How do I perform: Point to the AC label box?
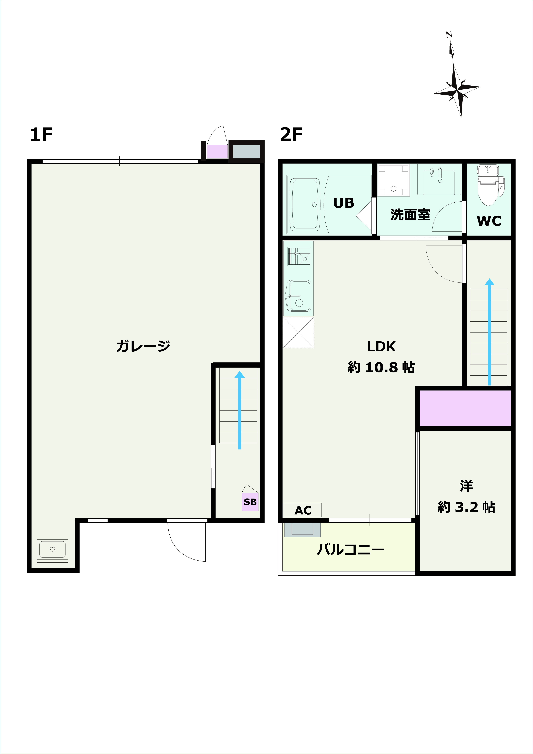[303, 510]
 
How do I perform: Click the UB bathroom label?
[344, 203]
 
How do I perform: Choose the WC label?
[489, 221]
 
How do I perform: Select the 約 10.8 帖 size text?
[381, 368]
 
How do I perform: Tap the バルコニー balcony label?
[350, 549]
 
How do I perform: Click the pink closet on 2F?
[465, 408]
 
